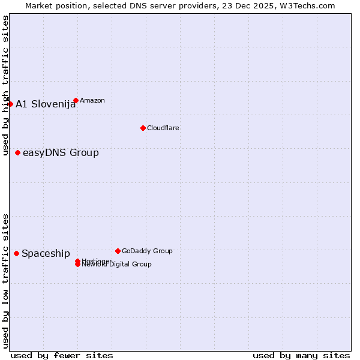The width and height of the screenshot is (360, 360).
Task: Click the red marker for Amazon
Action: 76,100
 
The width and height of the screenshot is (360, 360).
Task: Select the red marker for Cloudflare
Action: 143,128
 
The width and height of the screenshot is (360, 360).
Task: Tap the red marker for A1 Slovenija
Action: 10,104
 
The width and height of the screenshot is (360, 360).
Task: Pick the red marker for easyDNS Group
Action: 17,152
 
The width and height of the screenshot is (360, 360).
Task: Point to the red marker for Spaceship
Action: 16,253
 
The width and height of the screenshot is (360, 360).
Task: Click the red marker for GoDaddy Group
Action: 118,251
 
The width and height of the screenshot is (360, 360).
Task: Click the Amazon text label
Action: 92,100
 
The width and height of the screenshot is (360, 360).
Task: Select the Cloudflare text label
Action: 163,128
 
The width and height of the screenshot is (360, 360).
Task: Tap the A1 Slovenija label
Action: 46,104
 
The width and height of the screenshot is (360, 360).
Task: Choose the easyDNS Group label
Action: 61,152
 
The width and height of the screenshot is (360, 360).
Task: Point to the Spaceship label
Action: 46,253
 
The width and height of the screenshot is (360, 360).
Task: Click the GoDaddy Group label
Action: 147,251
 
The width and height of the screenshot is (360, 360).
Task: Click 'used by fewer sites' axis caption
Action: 62,355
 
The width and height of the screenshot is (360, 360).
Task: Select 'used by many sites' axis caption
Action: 301,355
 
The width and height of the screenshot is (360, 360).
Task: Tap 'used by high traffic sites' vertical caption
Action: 5,85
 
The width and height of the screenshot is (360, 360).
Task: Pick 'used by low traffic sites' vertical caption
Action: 5,281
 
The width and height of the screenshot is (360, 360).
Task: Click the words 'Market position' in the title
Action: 52,5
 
